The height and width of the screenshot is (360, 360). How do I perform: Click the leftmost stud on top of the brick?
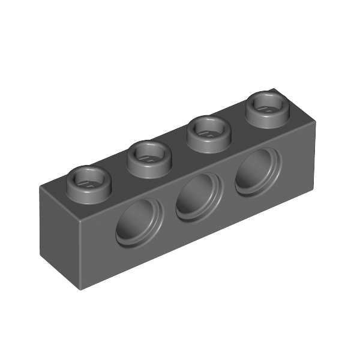pos(88,183)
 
